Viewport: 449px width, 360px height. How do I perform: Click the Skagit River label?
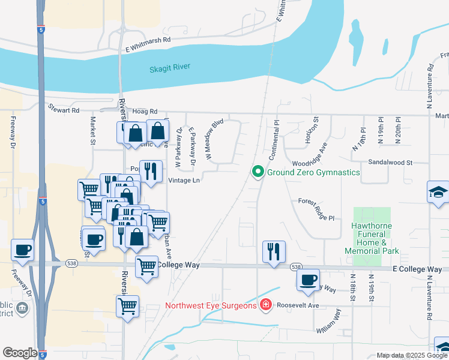click(x=169, y=68)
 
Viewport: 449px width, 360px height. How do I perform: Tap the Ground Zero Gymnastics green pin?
click(x=258, y=172)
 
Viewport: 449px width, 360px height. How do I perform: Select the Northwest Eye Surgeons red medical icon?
click(x=265, y=305)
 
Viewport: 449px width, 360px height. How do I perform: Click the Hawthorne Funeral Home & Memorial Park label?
click(x=372, y=239)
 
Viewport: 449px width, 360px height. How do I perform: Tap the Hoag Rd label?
click(x=145, y=112)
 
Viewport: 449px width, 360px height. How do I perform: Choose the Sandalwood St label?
click(x=390, y=162)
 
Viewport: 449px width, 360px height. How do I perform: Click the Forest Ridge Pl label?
click(x=316, y=210)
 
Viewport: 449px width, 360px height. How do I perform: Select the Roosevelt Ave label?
click(x=298, y=305)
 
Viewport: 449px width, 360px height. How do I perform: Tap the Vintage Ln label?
click(x=183, y=180)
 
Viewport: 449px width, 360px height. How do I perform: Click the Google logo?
click(x=20, y=353)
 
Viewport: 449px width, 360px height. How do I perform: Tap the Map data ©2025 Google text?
click(x=412, y=355)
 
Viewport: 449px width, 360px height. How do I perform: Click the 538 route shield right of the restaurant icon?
click(x=295, y=266)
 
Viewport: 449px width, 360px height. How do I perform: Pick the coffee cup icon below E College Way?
click(x=309, y=280)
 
